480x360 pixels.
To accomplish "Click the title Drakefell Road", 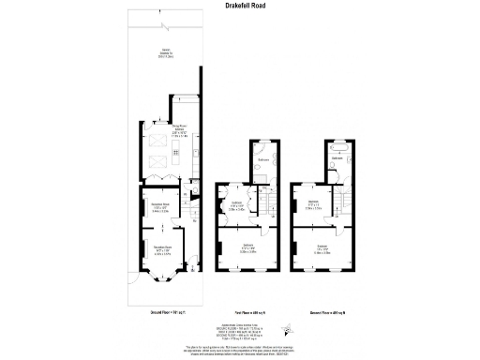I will [x=239, y=7].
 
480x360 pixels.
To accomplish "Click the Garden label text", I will [x=165, y=53].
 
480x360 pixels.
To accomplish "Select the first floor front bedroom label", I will [x=248, y=249].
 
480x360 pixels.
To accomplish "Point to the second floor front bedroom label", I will [x=323, y=249].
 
